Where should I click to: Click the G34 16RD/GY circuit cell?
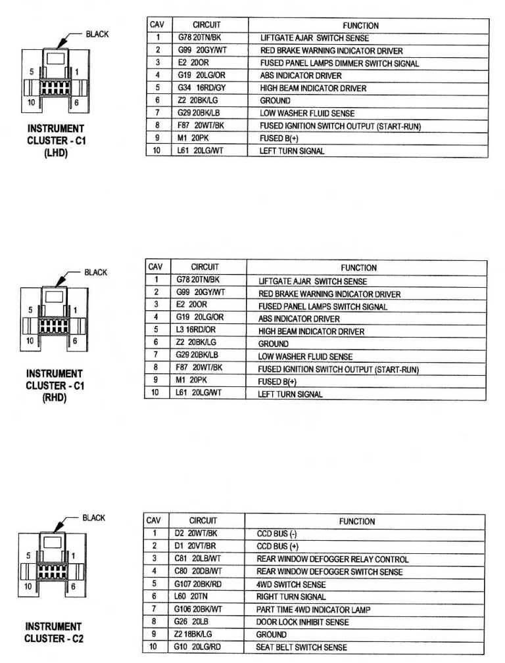click(x=202, y=88)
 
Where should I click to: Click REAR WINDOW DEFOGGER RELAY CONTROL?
click(x=332, y=559)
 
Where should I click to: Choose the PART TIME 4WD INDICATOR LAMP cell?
click(x=313, y=610)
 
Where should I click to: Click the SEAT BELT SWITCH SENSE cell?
click(x=302, y=647)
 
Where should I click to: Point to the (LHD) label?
click(x=55, y=153)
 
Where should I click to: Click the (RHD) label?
click(x=55, y=398)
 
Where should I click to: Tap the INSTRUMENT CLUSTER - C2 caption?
click(x=53, y=633)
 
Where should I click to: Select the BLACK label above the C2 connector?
click(x=93, y=518)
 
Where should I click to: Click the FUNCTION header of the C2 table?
click(x=357, y=521)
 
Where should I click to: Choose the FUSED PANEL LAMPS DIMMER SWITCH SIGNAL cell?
click(x=339, y=63)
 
